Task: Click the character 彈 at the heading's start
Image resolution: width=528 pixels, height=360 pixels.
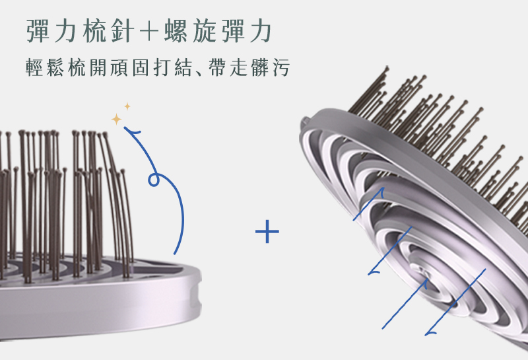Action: [38, 31]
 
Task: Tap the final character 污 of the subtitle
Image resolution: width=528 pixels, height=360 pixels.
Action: [280, 68]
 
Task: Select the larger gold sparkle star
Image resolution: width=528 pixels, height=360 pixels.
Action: [117, 119]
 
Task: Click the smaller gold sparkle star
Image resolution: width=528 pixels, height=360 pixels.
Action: [127, 106]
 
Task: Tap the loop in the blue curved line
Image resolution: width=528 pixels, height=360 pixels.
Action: [154, 179]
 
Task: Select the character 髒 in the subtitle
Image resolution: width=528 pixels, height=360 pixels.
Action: [261, 68]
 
